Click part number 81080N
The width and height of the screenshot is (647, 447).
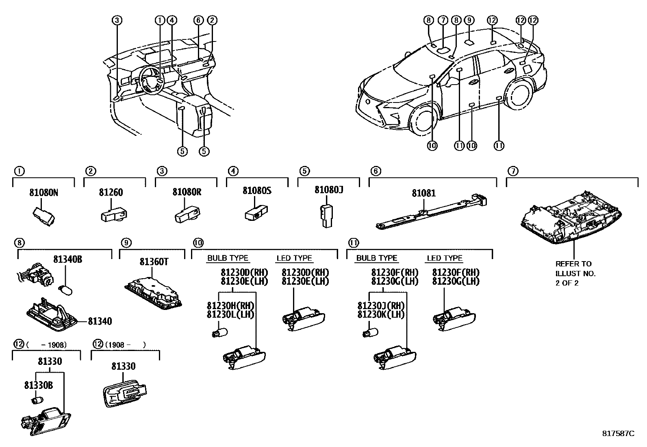(x=43, y=193)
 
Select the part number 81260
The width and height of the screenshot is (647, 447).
(x=111, y=193)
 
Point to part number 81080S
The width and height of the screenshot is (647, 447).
(x=257, y=190)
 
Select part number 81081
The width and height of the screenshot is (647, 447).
(x=423, y=193)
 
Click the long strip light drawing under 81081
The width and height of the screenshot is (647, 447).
(x=431, y=213)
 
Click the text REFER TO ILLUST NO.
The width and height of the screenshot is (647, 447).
(x=575, y=268)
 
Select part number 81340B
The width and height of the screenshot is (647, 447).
(x=67, y=259)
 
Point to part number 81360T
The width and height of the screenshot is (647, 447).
(x=154, y=262)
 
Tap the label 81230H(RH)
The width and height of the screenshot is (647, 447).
(x=230, y=306)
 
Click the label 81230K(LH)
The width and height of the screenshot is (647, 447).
(x=381, y=314)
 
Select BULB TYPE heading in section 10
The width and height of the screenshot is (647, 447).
(x=228, y=258)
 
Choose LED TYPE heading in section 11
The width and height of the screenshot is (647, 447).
(x=445, y=258)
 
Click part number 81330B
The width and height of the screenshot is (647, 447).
(x=38, y=385)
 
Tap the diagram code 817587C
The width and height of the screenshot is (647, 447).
(x=618, y=434)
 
